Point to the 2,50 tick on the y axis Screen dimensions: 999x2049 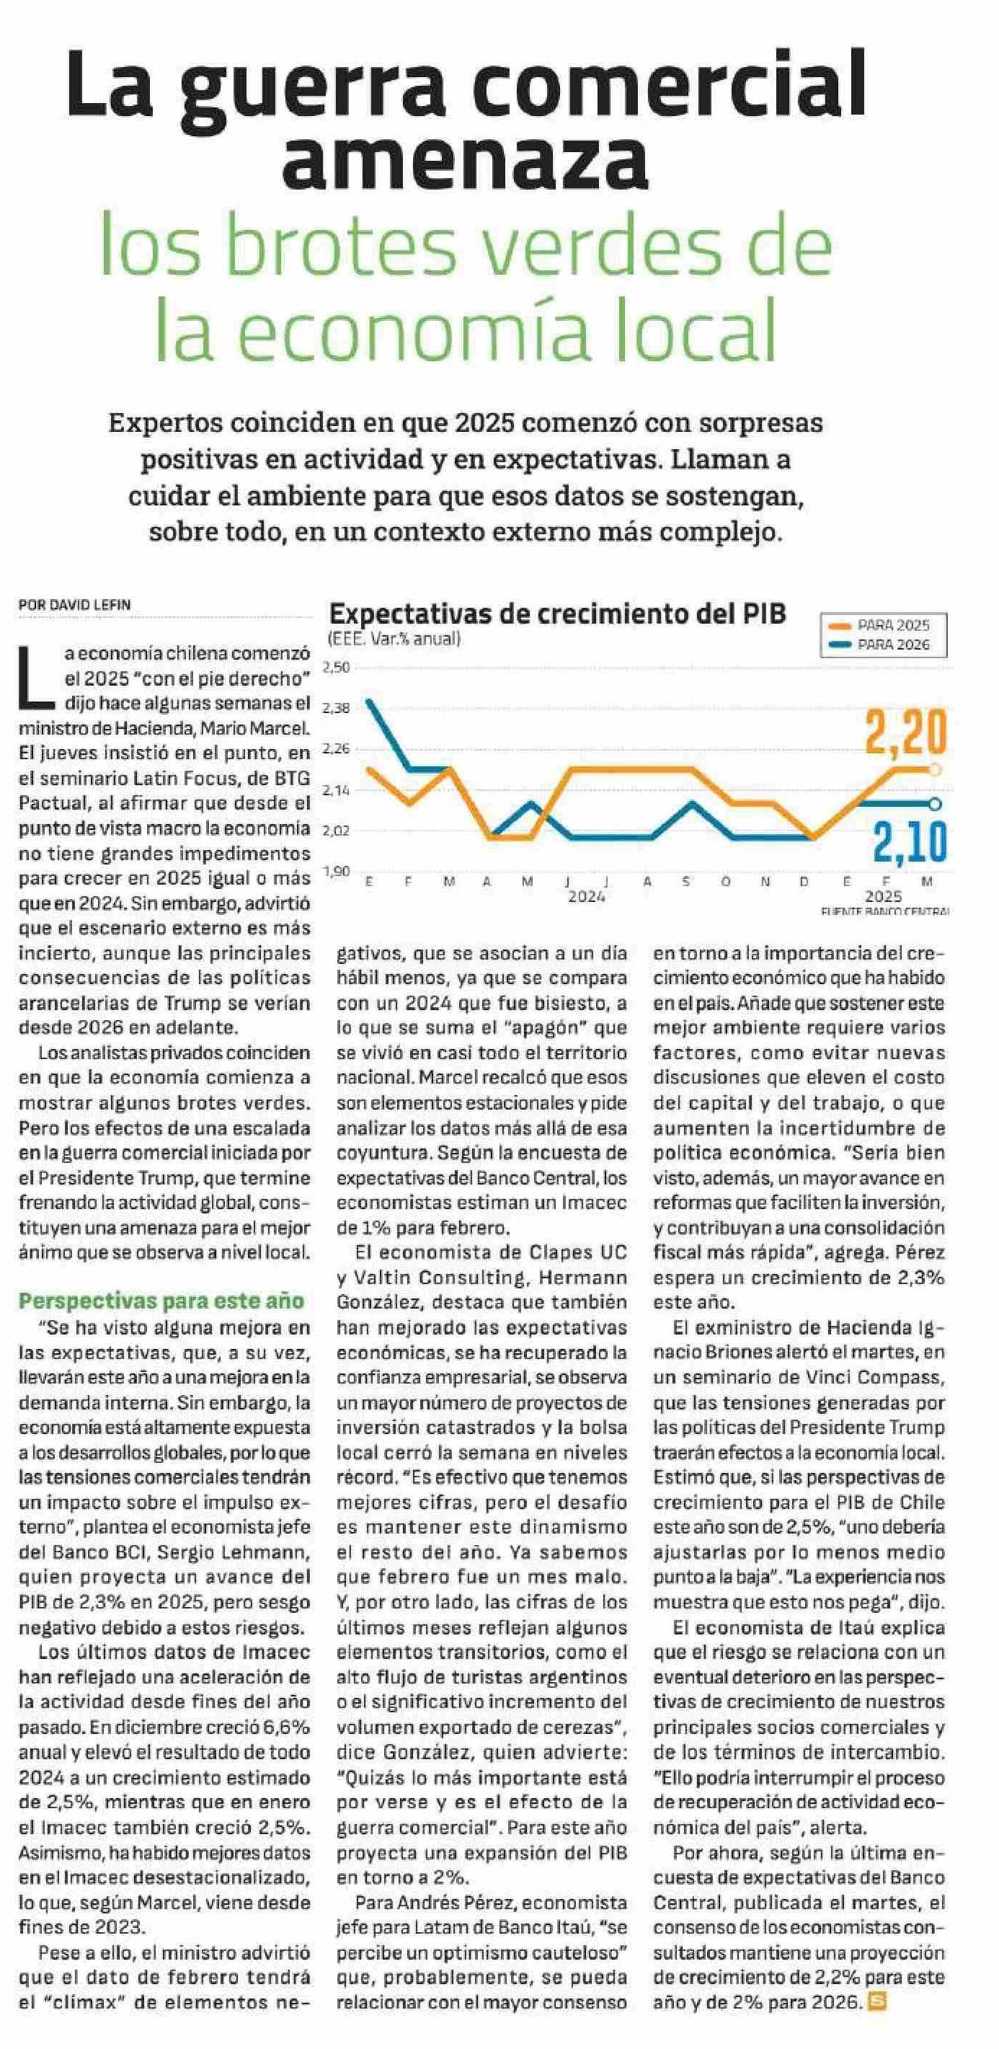[x=337, y=667]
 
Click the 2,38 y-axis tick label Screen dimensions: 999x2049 [x=337, y=707]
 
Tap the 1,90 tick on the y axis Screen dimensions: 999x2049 [x=337, y=872]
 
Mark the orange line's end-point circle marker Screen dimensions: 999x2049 [x=936, y=769]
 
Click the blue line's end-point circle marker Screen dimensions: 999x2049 [x=936, y=803]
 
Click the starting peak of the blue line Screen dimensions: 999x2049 [x=368, y=702]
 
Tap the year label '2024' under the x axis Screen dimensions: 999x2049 [x=586, y=896]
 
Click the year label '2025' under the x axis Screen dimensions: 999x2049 [x=884, y=896]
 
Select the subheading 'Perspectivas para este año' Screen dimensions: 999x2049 [x=161, y=1301]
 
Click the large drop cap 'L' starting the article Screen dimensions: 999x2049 [x=37, y=677]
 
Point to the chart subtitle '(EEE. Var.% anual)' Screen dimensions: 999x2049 [x=394, y=638]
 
